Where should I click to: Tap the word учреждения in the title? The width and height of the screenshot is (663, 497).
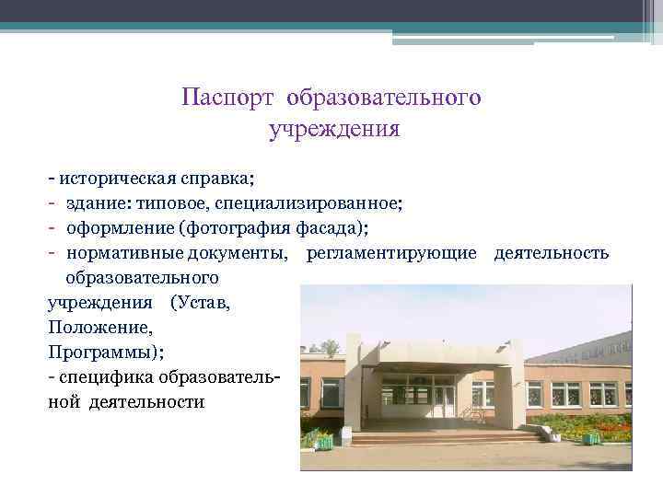333,129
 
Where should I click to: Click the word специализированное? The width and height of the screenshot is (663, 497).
312,201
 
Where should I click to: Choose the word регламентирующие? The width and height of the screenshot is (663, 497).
390,252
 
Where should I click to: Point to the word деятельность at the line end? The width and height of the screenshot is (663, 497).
551,252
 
